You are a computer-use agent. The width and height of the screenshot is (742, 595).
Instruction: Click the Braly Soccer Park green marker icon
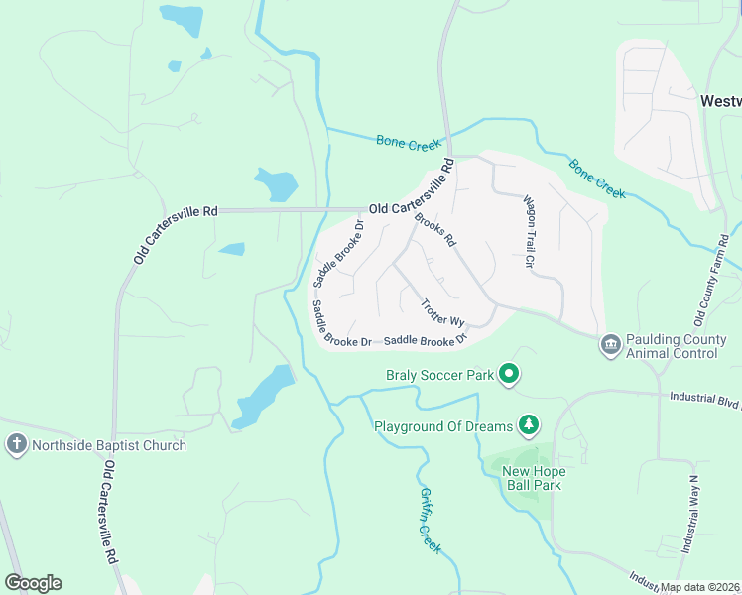tap(509, 374)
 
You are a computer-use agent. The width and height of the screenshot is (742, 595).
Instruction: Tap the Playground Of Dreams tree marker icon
tap(530, 426)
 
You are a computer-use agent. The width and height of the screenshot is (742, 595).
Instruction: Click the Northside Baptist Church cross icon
tap(16, 445)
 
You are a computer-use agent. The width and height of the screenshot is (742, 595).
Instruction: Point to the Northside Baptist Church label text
tap(108, 445)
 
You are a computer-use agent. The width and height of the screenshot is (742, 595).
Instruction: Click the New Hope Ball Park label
tap(531, 478)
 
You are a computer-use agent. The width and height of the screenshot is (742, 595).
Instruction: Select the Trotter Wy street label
tap(442, 313)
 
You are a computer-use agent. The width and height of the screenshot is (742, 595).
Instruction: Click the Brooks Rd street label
tap(434, 230)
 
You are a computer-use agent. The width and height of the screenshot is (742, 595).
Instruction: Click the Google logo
tap(33, 582)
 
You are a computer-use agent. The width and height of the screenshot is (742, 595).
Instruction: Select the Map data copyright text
tap(700, 587)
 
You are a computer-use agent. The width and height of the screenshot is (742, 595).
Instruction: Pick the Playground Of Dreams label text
tap(442, 427)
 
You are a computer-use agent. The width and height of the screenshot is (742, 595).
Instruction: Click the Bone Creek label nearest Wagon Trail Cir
tap(597, 178)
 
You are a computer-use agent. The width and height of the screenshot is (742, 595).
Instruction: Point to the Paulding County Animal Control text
tap(673, 345)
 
